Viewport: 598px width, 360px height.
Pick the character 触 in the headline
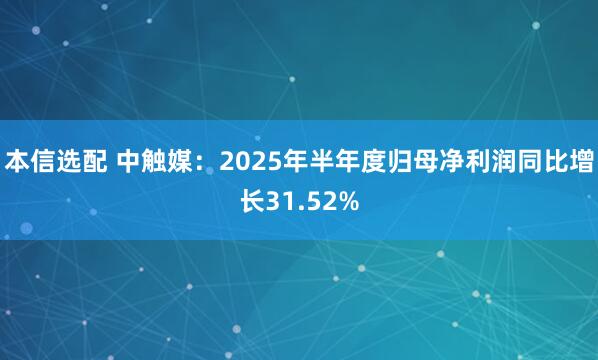(155, 160)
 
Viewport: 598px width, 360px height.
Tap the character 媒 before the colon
(181, 160)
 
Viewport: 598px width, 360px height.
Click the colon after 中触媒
(203, 161)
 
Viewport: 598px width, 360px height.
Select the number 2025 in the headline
(246, 160)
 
